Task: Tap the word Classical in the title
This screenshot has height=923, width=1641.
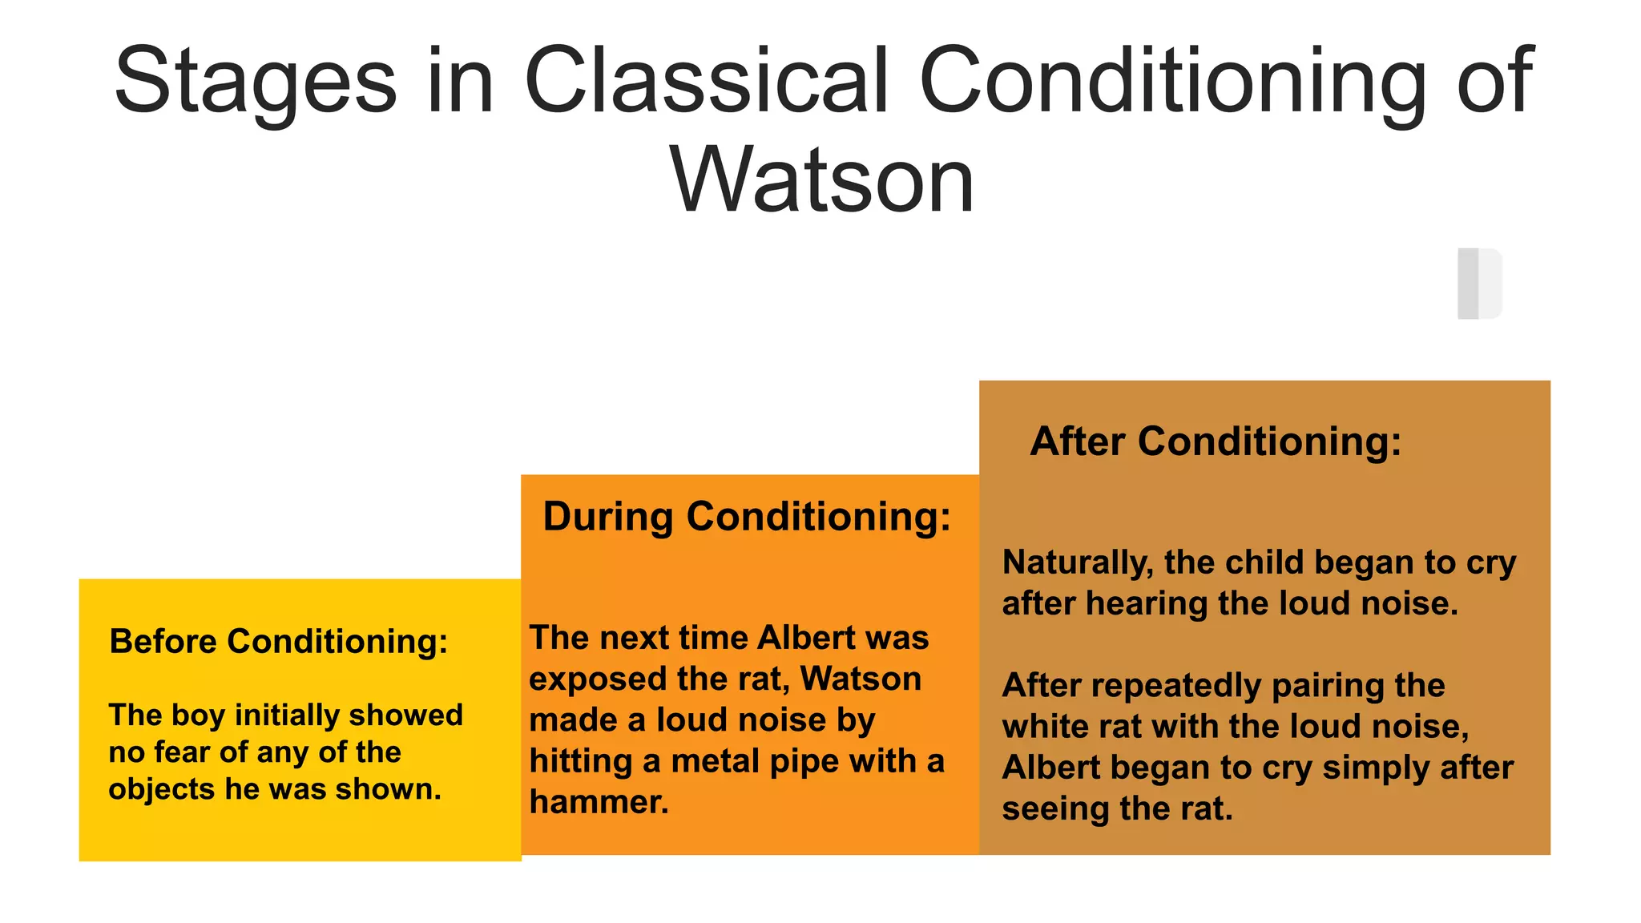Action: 706,80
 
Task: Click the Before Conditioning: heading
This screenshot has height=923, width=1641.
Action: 279,642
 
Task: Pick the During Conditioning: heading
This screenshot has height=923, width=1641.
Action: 747,517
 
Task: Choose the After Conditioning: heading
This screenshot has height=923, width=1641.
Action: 1216,441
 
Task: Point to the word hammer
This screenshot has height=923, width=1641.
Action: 599,802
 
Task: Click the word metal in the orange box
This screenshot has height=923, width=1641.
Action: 716,761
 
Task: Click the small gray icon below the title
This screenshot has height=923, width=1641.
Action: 1479,284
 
